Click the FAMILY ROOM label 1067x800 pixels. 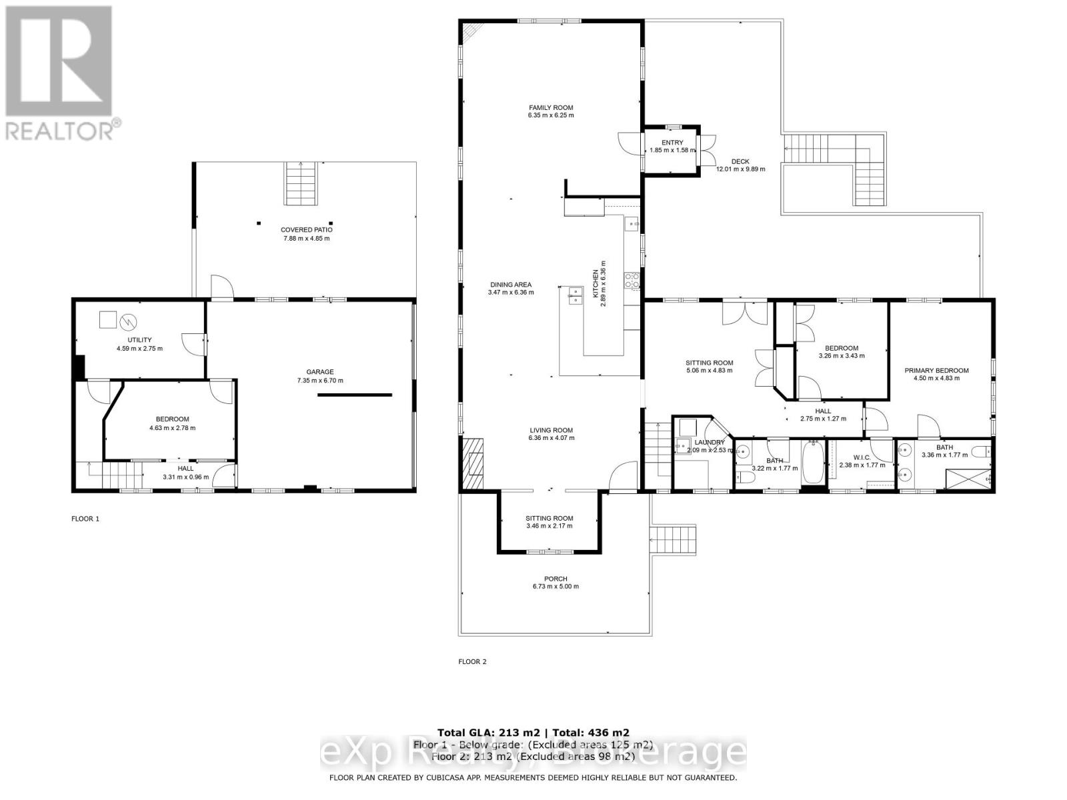point(551,107)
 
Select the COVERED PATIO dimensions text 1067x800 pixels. point(306,238)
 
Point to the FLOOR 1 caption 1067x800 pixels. point(85,518)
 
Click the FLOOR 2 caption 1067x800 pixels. point(472,661)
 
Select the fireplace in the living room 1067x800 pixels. point(474,465)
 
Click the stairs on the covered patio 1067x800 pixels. point(300,184)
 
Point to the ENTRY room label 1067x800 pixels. point(672,143)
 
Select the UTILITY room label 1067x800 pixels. point(139,340)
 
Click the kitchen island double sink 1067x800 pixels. point(574,295)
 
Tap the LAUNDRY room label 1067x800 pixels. point(709,442)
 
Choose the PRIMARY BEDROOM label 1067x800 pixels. point(936,371)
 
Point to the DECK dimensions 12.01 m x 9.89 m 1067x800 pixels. point(740,169)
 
